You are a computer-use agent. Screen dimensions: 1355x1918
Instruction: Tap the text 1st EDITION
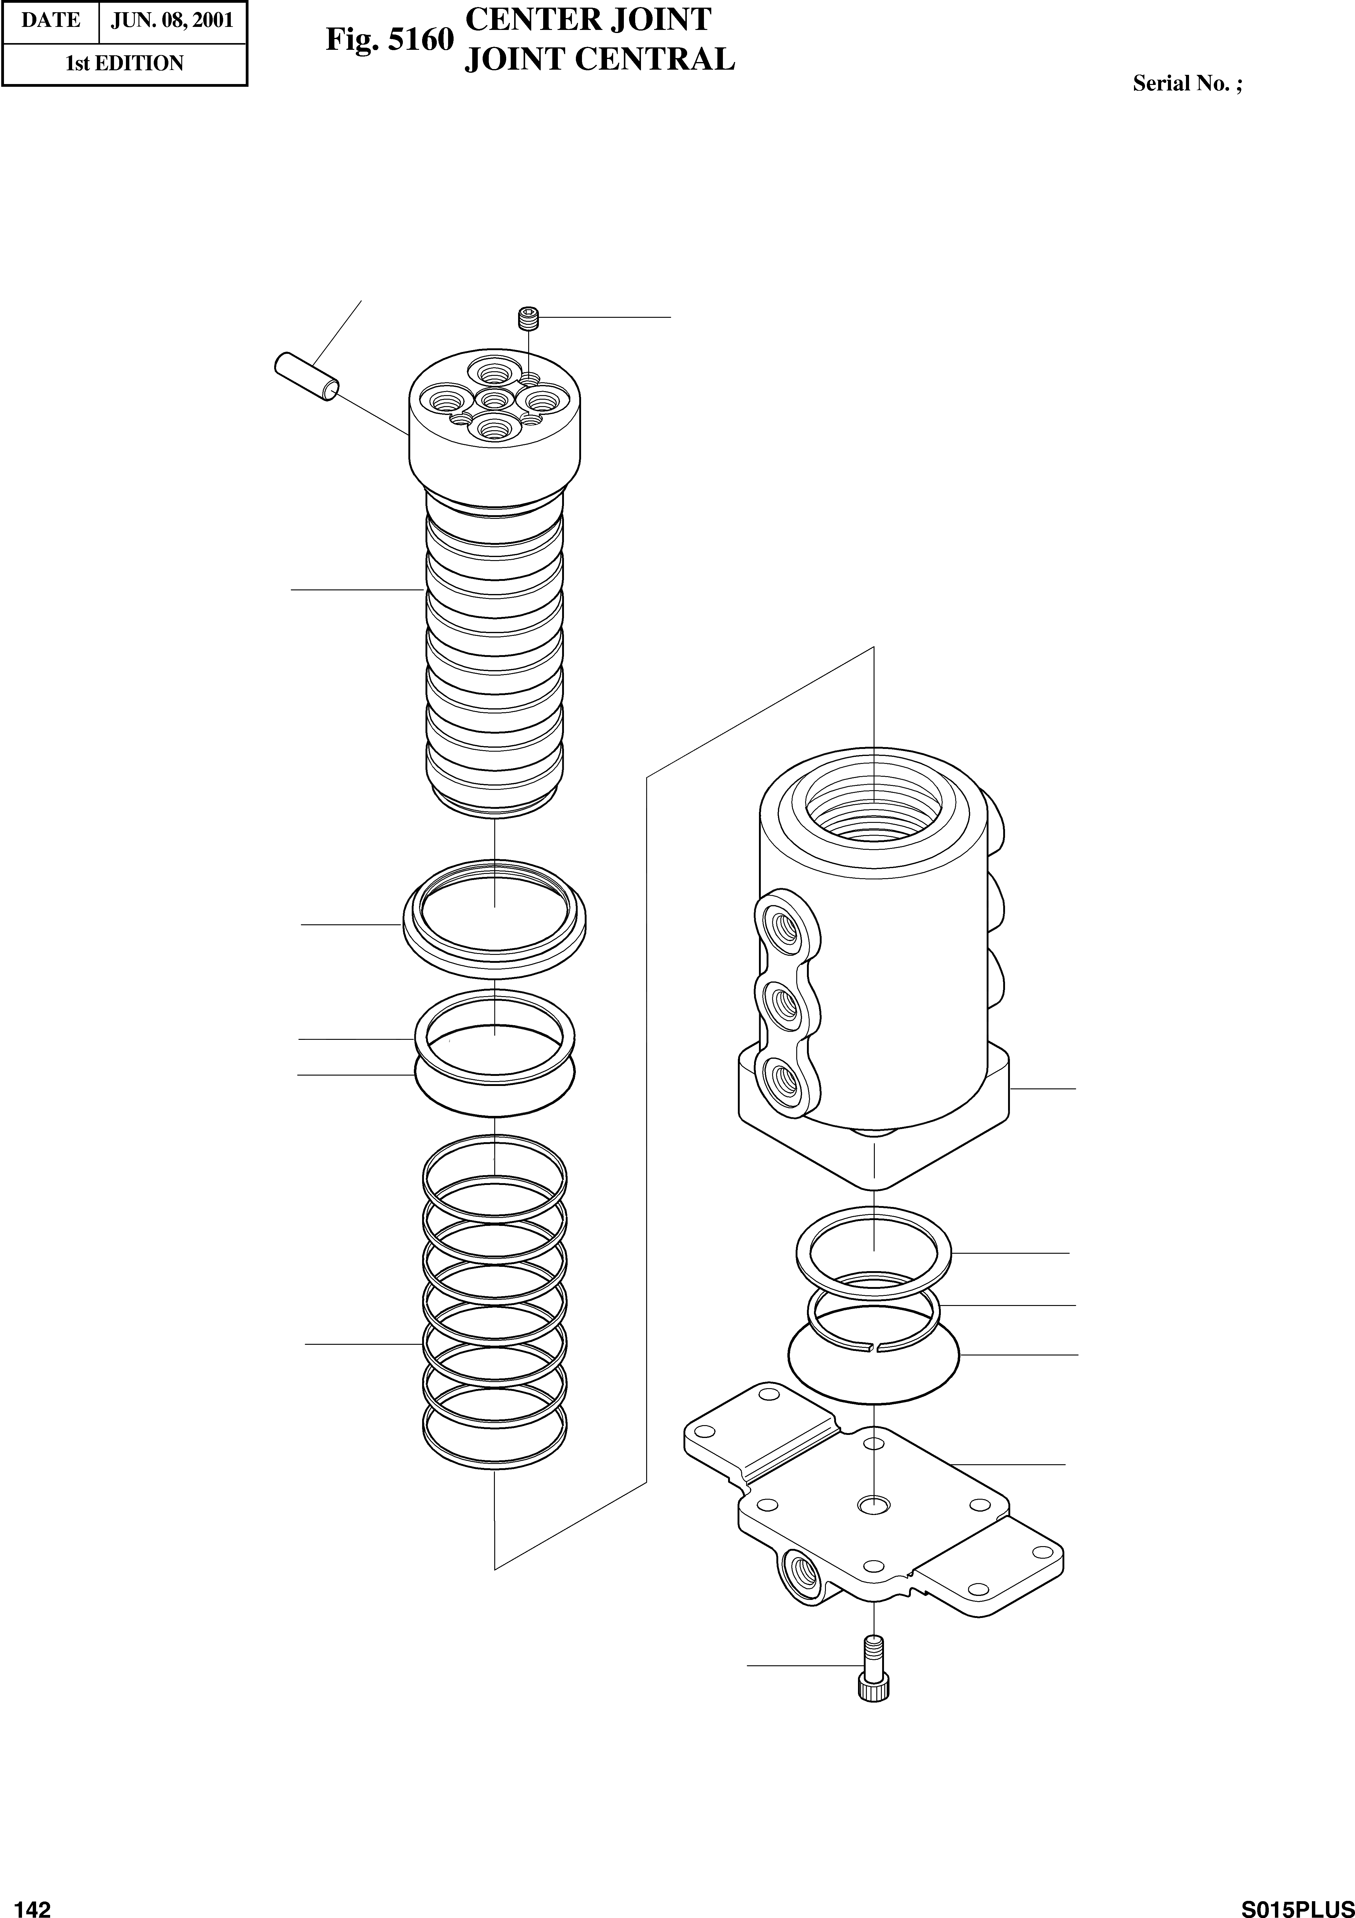click(x=124, y=64)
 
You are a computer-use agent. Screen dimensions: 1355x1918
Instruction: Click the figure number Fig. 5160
click(x=389, y=39)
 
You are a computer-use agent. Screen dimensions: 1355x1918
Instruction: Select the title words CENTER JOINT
click(x=587, y=19)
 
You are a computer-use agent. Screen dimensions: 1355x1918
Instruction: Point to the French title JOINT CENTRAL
click(x=599, y=59)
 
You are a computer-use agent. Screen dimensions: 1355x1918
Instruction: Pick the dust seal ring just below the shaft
click(x=495, y=915)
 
